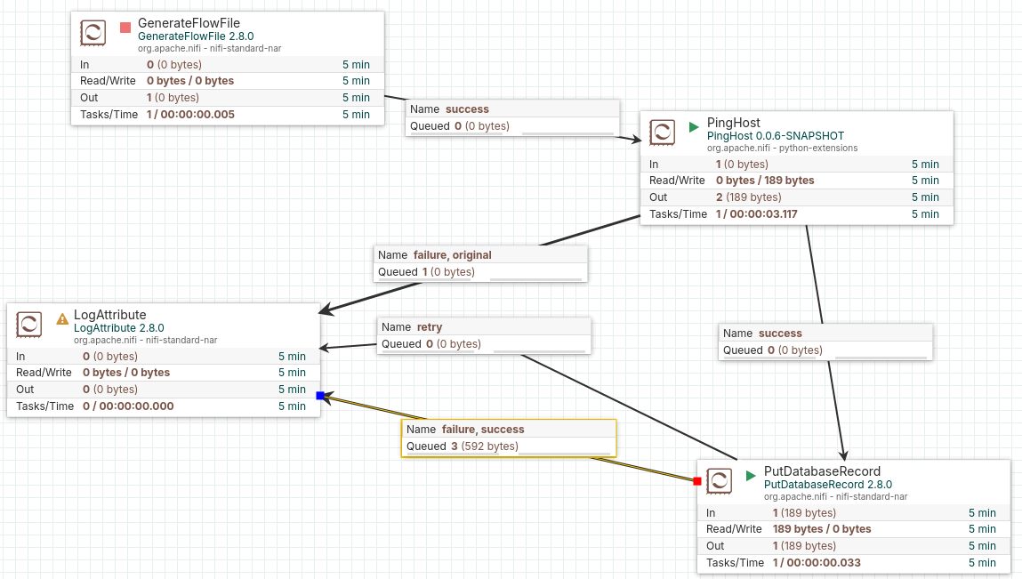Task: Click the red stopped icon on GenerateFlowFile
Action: [x=125, y=28]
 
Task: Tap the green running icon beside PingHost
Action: [x=694, y=127]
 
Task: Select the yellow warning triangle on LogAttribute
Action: [x=62, y=318]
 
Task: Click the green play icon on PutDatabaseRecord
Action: [x=751, y=476]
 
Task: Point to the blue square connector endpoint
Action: [x=320, y=396]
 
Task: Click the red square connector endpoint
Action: [x=697, y=481]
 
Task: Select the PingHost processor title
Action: [x=733, y=123]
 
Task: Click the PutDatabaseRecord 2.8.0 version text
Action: [x=828, y=485]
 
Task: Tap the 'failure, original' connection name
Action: [x=453, y=255]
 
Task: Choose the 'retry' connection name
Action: [x=430, y=326]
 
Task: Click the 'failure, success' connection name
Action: [x=483, y=429]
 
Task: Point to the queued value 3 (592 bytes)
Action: [x=485, y=446]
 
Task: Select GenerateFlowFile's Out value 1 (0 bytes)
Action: [x=173, y=97]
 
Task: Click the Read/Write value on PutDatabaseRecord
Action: [x=822, y=529]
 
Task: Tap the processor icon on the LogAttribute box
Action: [x=29, y=324]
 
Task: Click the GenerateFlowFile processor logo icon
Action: [x=93, y=33]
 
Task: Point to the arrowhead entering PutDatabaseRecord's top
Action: [x=843, y=455]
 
